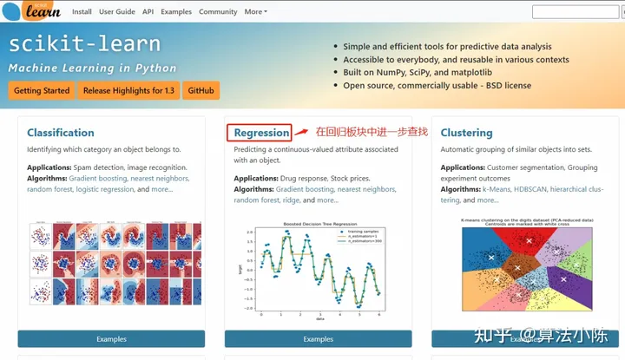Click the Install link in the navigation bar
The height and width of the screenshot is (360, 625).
[x=82, y=12]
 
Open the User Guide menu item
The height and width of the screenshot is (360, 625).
[x=116, y=12]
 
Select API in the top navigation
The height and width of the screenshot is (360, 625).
[x=148, y=12]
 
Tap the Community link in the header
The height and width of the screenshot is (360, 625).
[x=218, y=12]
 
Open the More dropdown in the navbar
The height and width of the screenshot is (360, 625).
[x=256, y=12]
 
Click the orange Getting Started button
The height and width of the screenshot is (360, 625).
[x=41, y=90]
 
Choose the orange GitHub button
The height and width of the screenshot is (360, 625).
[x=201, y=90]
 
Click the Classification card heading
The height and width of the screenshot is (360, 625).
[x=61, y=133]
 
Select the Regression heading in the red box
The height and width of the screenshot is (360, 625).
[x=261, y=133]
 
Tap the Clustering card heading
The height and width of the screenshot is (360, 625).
[x=466, y=133]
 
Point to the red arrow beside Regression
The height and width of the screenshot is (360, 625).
[x=301, y=133]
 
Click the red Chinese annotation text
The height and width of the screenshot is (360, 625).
[x=371, y=132]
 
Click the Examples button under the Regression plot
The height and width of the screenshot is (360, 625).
[x=318, y=339]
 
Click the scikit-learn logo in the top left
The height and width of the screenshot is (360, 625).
[x=35, y=12]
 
